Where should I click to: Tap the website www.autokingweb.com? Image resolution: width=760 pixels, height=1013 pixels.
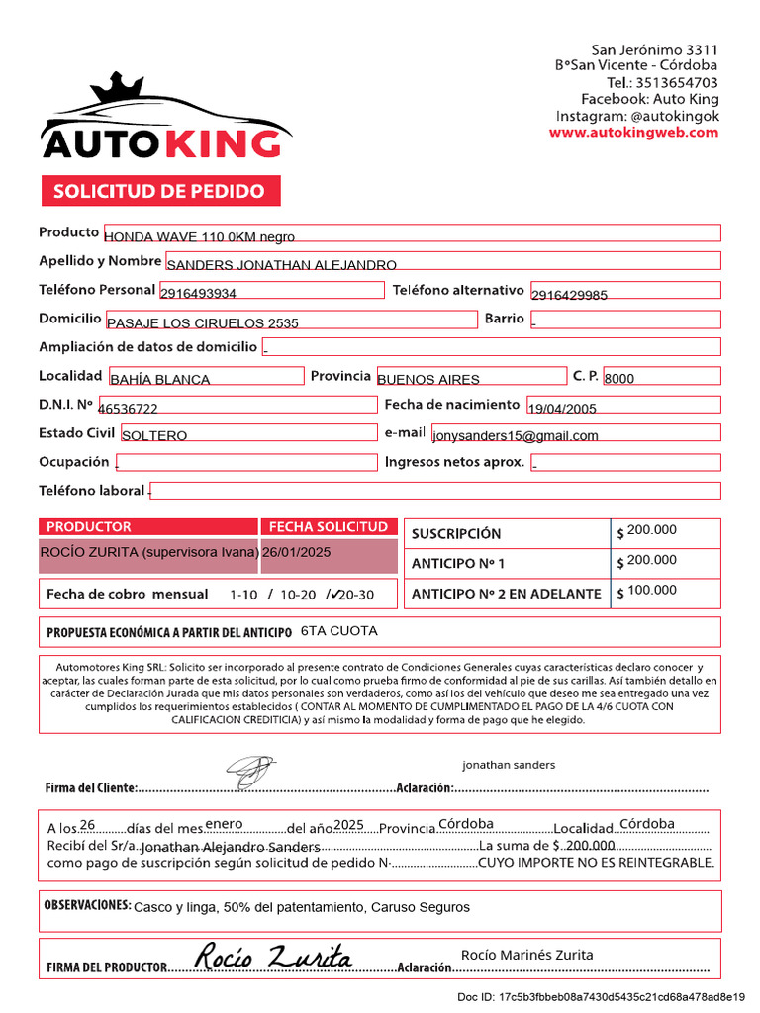633,133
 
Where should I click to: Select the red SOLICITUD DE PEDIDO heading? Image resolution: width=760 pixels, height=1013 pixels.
159,191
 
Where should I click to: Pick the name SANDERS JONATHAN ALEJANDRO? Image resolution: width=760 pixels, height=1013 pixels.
281,264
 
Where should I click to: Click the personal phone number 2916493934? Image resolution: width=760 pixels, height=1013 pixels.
198,293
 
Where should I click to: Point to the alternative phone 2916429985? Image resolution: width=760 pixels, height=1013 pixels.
569,295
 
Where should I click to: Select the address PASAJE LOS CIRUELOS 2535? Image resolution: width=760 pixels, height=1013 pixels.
202,322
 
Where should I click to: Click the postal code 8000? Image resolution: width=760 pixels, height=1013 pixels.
619,379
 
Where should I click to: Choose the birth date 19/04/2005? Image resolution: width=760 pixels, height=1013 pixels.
562,408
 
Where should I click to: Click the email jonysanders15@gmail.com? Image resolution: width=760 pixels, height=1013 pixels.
516,435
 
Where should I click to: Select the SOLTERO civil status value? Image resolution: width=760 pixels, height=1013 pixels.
154,435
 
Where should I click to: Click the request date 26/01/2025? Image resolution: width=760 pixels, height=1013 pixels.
297,552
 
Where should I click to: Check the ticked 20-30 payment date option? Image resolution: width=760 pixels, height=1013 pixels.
353,595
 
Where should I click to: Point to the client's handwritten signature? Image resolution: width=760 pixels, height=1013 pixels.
249,767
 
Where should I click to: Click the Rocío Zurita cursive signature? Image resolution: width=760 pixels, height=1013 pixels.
272,956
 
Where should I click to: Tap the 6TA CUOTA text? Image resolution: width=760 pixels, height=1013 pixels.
338,630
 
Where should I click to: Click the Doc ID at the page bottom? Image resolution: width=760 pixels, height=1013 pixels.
613,996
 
